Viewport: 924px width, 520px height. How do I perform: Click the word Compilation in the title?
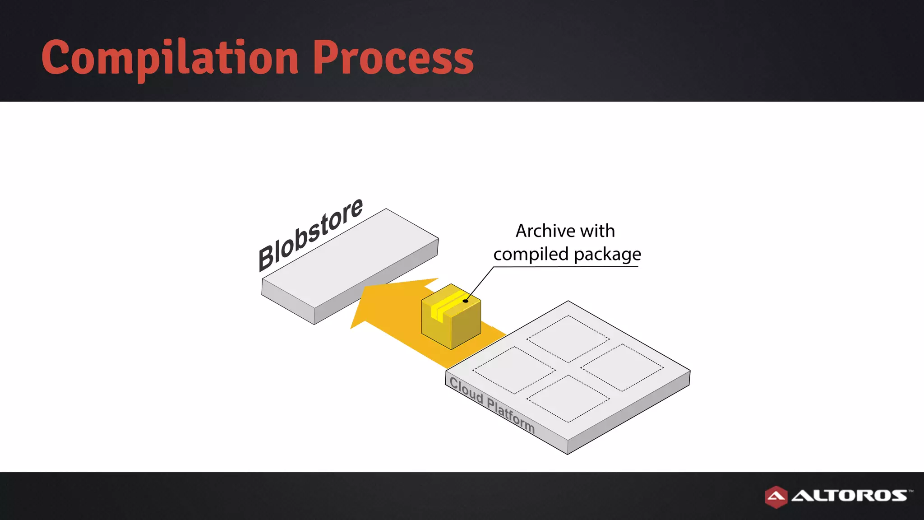[170, 58]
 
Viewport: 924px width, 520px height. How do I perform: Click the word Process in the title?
[393, 58]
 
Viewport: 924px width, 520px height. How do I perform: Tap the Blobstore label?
[310, 235]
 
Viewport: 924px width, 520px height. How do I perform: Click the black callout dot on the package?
[465, 301]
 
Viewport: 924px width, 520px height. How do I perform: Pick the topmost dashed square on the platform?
[568, 339]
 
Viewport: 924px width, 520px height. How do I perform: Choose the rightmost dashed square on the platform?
[622, 367]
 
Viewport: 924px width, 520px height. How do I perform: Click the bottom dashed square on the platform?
[568, 399]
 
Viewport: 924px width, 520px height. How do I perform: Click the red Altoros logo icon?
[776, 497]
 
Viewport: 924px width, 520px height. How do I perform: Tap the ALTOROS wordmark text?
[849, 496]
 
